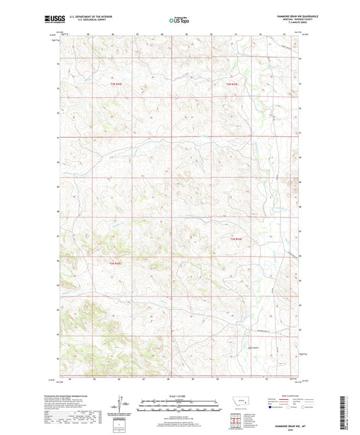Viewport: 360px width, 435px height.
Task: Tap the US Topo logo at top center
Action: (x=176, y=20)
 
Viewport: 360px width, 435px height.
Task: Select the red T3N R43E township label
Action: (x=232, y=84)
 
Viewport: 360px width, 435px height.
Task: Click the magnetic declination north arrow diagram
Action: (x=123, y=409)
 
